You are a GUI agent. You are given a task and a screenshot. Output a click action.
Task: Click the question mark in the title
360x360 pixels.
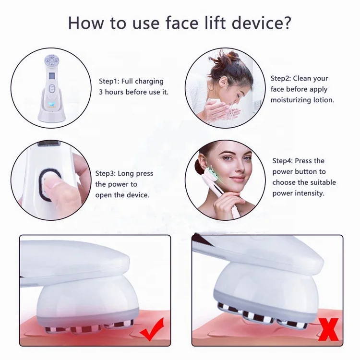287,23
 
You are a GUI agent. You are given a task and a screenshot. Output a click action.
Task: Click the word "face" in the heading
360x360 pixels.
182,23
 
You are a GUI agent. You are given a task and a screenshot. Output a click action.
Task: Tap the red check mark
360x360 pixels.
153,329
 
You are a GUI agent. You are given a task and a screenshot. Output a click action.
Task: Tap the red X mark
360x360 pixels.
329,330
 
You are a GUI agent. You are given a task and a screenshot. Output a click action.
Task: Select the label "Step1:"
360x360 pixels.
109,81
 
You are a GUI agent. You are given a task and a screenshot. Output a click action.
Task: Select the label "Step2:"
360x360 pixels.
281,79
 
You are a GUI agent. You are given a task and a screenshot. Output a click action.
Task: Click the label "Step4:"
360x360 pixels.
282,161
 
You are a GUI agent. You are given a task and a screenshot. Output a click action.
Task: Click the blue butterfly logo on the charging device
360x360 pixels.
51,104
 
